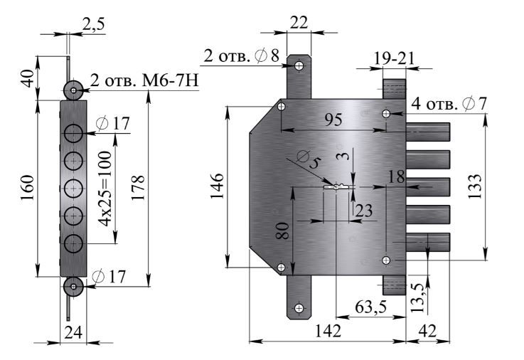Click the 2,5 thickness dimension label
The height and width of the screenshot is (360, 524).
tap(93, 24)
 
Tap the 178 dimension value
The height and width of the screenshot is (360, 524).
tap(138, 188)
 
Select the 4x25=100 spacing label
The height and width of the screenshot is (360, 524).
tap(105, 189)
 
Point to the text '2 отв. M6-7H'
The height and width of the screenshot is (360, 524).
tap(144, 80)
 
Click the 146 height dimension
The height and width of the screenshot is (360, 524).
tap(217, 186)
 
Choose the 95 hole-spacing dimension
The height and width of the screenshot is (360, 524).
tap(333, 120)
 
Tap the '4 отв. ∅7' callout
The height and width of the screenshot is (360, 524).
tap(449, 104)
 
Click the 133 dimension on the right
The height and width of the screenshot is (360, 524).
tap(474, 186)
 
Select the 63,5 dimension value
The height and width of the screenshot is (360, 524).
tap(371, 307)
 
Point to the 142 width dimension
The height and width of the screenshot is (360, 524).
tap(328, 331)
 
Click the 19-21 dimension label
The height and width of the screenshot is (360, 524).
tap(394, 58)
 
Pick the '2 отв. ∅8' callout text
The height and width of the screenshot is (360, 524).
tap(241, 55)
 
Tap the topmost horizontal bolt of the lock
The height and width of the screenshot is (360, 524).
tap(428, 132)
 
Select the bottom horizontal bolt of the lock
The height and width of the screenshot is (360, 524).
tap(428, 243)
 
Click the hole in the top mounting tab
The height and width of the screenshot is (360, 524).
tap(299, 65)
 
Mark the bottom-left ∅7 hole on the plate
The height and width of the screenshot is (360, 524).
tap(282, 268)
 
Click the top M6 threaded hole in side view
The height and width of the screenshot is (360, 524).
tap(73, 90)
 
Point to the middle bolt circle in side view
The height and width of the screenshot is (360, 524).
tap(73, 189)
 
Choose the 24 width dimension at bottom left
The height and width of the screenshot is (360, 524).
tap(73, 332)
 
